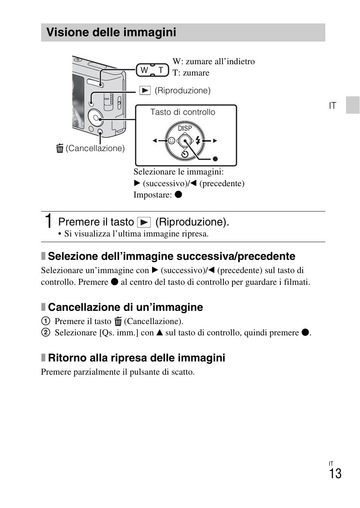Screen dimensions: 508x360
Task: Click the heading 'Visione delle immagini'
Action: (111, 32)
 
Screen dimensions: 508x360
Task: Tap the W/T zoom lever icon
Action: (152, 70)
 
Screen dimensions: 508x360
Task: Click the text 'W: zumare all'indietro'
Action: (214, 62)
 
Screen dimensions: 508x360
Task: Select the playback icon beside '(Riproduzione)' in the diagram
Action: (145, 91)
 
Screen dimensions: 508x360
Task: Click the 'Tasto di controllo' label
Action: (183, 112)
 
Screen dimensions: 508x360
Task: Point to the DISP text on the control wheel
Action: (185, 128)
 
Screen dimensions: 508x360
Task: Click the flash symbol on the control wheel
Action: (198, 141)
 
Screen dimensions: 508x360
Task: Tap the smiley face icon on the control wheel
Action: (172, 141)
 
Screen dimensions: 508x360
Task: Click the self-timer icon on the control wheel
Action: (185, 154)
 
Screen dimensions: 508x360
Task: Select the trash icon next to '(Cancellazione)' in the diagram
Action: (60, 148)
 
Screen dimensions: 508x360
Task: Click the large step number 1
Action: (48, 221)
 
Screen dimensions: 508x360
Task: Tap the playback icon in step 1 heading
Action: (144, 222)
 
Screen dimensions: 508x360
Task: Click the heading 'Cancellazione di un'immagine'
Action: (125, 307)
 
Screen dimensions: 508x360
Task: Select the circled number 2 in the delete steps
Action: (45, 332)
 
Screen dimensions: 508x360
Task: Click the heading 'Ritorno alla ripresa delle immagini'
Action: (136, 358)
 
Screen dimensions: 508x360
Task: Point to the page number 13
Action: (335, 474)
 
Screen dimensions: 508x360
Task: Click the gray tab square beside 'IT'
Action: (352, 105)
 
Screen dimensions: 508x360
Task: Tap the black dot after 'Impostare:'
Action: (178, 195)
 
